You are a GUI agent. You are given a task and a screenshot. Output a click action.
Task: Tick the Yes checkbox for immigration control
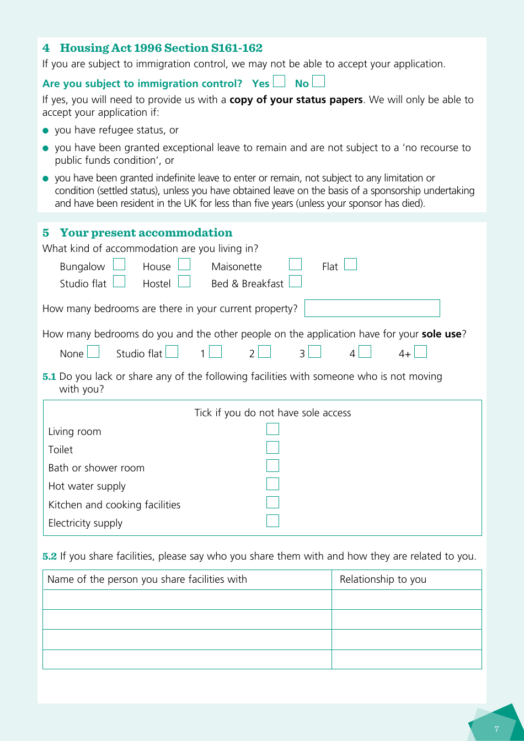tap(279, 82)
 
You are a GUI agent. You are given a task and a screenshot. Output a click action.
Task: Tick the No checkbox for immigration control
tap(318, 82)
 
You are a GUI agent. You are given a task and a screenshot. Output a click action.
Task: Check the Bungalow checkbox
tap(119, 265)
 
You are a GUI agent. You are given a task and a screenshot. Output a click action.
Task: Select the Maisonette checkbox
tap(296, 265)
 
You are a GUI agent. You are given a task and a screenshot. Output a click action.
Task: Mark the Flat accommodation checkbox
tap(350, 265)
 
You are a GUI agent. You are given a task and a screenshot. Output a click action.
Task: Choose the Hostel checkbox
tap(184, 282)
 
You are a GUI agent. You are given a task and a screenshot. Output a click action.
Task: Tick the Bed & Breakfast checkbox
tap(296, 282)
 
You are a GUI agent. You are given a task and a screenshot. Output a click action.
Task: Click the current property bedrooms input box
tap(372, 308)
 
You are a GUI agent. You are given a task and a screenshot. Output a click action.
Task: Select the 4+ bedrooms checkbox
tap(420, 352)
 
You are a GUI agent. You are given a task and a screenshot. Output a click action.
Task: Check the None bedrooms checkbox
tap(93, 352)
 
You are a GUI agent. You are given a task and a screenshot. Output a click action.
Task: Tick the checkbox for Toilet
tap(272, 448)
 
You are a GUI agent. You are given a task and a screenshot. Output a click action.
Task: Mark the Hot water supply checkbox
tap(272, 484)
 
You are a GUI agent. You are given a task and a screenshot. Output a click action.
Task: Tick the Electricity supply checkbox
tap(272, 521)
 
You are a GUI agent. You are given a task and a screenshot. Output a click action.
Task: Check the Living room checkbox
tap(272, 429)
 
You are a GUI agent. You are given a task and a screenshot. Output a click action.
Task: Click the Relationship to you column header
tap(383, 579)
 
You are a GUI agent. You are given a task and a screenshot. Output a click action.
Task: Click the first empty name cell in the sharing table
tap(187, 600)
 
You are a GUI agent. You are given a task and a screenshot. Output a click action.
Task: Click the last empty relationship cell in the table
tap(407, 659)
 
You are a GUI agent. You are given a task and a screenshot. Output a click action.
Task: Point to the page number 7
tap(496, 729)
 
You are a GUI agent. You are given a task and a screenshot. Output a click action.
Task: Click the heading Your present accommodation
tap(146, 233)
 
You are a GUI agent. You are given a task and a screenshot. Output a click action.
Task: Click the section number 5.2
tap(50, 556)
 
